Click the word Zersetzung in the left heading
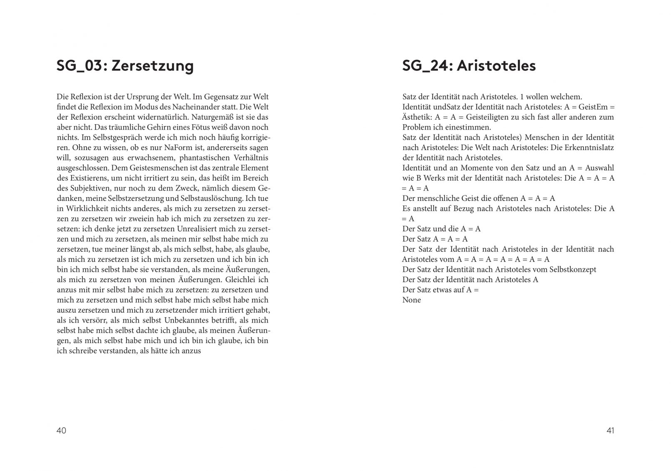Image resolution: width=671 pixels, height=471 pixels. (x=153, y=66)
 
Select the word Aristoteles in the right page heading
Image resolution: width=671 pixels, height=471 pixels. (x=496, y=66)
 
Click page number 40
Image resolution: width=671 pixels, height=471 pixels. (x=61, y=431)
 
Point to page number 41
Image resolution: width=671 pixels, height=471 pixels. (x=610, y=431)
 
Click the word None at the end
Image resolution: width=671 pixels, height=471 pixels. (x=412, y=300)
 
